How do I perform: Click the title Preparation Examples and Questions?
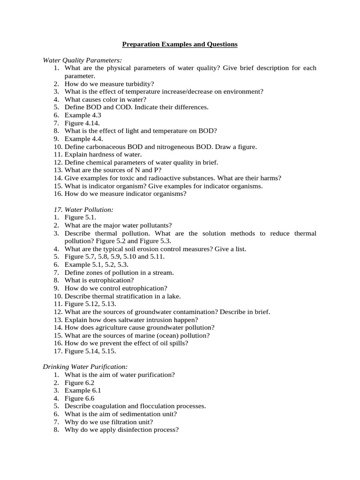point(180,45)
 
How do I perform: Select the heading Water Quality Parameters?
point(82,60)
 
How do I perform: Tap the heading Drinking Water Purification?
point(85,366)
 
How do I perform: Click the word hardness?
point(100,154)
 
